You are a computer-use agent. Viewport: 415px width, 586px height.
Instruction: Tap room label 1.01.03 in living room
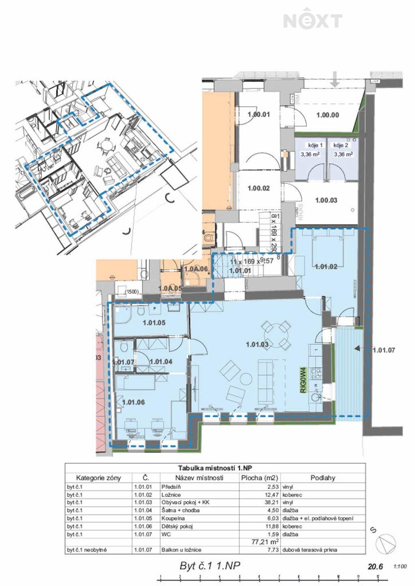coord(257,344)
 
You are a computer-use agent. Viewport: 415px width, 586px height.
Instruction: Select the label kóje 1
coord(315,145)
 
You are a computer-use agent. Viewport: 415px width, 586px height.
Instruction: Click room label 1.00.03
coord(326,200)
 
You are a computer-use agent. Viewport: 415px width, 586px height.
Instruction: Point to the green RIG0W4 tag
coord(304,380)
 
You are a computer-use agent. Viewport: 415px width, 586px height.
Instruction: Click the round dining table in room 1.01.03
coord(276,335)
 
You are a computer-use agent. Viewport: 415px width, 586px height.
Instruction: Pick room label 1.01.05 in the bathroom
coord(154,322)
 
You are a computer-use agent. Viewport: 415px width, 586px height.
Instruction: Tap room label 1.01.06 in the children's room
coord(133,402)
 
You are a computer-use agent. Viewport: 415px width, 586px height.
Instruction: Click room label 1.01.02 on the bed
coord(326,267)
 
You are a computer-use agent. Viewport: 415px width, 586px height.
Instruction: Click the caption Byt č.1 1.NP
coord(210,566)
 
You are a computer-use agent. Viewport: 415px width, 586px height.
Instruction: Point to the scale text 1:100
coord(400,566)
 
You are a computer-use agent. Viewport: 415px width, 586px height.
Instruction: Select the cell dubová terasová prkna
coord(310,550)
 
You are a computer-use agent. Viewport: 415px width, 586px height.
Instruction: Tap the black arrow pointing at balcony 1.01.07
coord(357,348)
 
